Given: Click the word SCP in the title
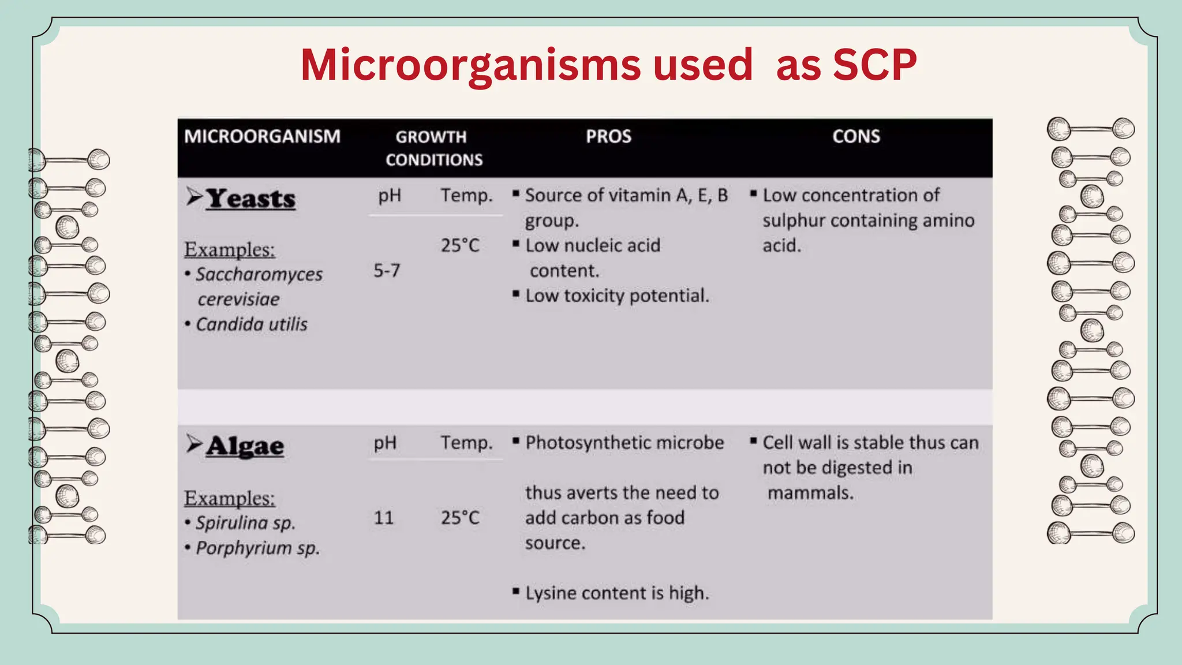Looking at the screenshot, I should [x=874, y=64].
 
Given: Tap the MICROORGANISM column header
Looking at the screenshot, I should [x=262, y=136].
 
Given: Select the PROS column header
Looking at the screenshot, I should [x=608, y=136].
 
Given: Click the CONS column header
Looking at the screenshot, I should [x=856, y=136].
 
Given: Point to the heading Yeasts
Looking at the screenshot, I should [x=250, y=199].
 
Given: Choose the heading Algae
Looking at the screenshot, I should [x=245, y=446].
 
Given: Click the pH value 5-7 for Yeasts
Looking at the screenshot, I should [x=387, y=270].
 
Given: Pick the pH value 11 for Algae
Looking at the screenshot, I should [x=384, y=517].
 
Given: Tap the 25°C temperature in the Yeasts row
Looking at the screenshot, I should [x=460, y=245].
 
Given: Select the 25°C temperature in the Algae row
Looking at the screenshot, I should [x=460, y=517].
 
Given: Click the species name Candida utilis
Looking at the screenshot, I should [x=252, y=324].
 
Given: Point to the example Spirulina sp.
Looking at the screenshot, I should [x=245, y=523].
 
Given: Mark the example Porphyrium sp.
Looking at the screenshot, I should [x=257, y=548].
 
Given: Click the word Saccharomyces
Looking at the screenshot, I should [x=259, y=274].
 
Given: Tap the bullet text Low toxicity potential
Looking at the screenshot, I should [x=616, y=296].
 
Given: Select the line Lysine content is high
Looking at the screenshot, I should [x=616, y=593].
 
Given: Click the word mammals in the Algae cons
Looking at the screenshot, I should [x=810, y=493].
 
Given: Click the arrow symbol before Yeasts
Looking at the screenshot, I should [x=194, y=197].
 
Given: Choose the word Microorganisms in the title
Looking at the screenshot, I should [x=470, y=64].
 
